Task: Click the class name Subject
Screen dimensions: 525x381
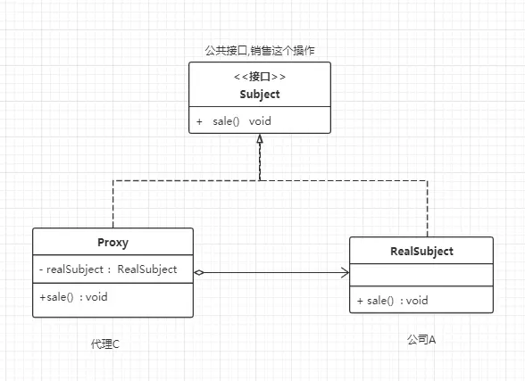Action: coord(260,95)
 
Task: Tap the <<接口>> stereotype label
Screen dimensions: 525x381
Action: coord(260,77)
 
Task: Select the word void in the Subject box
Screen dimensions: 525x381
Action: coord(260,121)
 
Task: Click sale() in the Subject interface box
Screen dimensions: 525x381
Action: coord(226,121)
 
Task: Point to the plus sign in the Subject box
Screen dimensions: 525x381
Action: coord(199,121)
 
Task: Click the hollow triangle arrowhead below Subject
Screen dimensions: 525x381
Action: coord(260,139)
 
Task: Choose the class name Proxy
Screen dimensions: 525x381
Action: coord(112,243)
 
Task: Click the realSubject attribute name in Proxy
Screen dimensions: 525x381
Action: coord(75,269)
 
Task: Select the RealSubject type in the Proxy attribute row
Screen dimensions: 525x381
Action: coord(147,269)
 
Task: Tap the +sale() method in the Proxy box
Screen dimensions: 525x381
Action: coord(56,297)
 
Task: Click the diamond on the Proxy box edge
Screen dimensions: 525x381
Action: coord(199,273)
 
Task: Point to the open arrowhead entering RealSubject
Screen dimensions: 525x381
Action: coord(346,273)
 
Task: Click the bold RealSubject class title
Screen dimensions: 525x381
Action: coord(421,252)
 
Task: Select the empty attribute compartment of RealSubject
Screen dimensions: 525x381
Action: coord(421,275)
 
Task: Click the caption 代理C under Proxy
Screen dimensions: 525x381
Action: coord(105,344)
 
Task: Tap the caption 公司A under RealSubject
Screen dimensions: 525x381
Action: coord(421,340)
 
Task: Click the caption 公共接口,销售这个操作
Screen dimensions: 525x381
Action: coord(260,51)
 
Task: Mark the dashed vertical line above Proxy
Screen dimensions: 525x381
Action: coord(113,204)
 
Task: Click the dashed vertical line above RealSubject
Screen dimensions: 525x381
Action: coord(427,209)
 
